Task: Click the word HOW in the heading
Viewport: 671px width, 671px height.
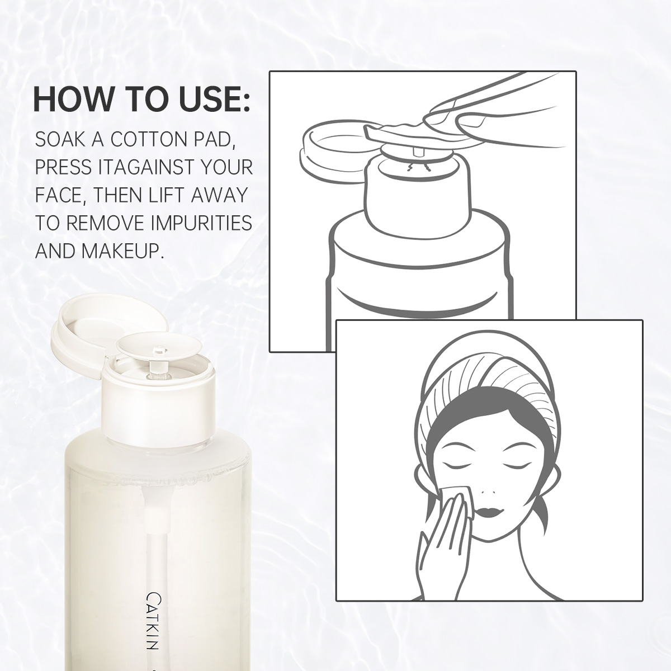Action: tap(73, 101)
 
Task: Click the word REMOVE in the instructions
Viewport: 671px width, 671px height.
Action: tap(105, 223)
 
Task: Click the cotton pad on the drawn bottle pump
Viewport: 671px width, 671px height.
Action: tap(397, 133)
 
